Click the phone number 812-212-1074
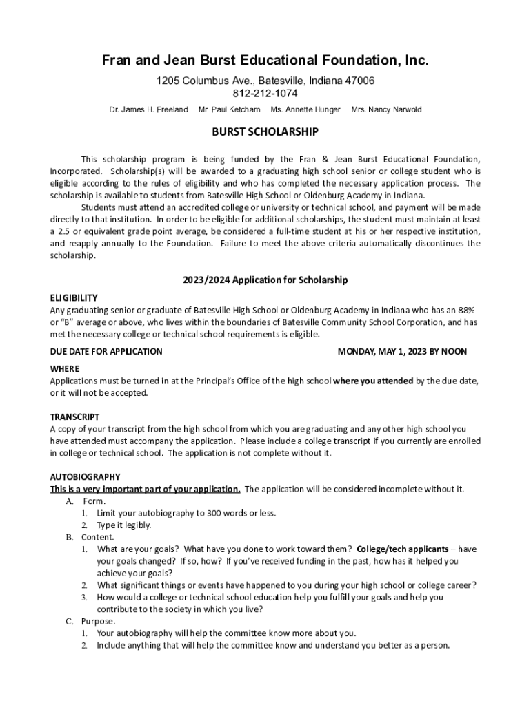pos(265,94)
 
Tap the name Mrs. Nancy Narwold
pos(386,109)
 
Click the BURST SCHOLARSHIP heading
pos(265,131)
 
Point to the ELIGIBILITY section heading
pos(74,297)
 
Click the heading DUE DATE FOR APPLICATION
pos(106,351)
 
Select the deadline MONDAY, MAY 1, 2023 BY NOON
pos(402,351)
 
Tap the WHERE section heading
pos(65,368)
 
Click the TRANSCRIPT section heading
pos(74,417)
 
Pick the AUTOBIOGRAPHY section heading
pos(85,476)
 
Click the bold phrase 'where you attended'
pos(373,381)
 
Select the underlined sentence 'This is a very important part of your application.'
pos(145,489)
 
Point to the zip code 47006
pos(359,81)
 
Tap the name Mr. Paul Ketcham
pos(229,109)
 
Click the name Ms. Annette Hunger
pos(305,109)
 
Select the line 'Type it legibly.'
pos(124,525)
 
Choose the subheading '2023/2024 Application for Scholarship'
pos(265,280)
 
